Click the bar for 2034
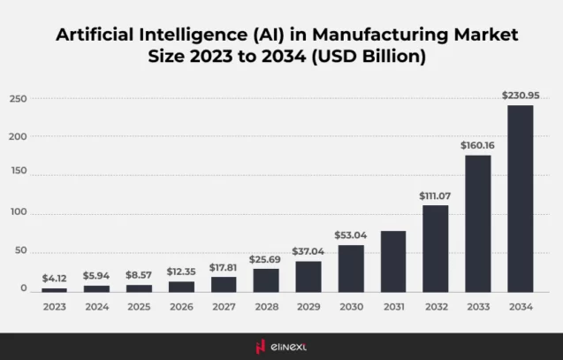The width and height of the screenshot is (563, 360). click(520, 199)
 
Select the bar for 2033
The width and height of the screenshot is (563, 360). click(477, 224)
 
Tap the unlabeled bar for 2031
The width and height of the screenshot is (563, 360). click(393, 262)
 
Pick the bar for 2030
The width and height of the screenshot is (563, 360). click(351, 269)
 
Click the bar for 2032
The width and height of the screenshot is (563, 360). click(435, 249)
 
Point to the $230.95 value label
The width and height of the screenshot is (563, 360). click(520, 95)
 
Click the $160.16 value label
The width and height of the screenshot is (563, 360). click(477, 144)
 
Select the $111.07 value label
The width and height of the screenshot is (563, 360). click(435, 195)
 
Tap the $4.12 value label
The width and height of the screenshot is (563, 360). click(55, 278)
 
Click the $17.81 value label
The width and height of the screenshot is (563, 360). click(224, 266)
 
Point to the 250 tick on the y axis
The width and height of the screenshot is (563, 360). click(18, 98)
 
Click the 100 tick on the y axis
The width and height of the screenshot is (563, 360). click(18, 213)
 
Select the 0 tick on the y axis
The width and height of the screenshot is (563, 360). click(24, 289)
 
